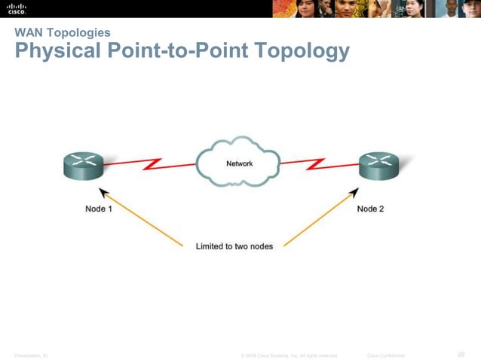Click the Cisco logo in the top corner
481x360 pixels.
pos(17,8)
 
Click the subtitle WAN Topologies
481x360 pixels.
pos(63,32)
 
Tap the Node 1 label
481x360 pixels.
pos(99,209)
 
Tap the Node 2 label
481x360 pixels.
pos(370,209)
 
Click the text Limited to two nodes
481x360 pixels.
pos(234,246)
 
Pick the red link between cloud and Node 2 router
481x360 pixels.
pos(317,162)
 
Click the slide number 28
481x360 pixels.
pos(461,354)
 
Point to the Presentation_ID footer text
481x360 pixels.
pos(30,355)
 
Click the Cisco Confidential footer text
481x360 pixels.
pos(385,355)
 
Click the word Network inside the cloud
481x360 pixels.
pos(240,163)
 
